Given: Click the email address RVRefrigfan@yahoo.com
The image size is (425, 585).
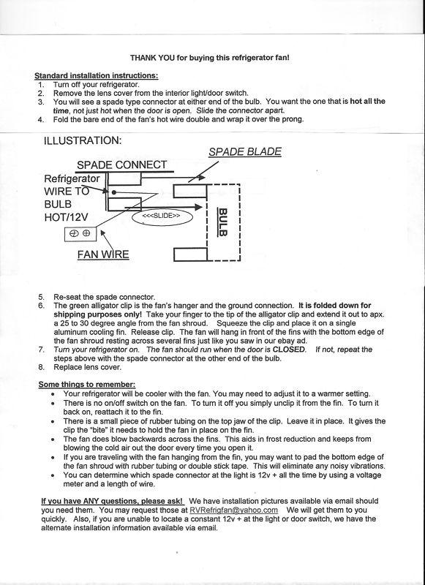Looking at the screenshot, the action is (x=233, y=510).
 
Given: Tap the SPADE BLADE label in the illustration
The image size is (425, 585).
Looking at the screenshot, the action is (x=245, y=152).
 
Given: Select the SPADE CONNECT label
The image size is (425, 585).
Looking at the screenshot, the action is (x=121, y=165).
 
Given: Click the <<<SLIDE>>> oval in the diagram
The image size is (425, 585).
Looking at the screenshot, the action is (x=162, y=216).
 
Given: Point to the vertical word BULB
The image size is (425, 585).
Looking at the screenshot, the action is (x=223, y=222).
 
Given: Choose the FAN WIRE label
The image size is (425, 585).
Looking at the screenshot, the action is (x=103, y=254).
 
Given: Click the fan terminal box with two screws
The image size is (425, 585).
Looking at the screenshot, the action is (x=80, y=234).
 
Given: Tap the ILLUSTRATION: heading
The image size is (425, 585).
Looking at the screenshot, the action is (x=83, y=140).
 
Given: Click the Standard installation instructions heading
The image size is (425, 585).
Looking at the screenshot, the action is (x=97, y=76).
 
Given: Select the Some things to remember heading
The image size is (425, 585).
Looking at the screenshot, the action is (x=87, y=385).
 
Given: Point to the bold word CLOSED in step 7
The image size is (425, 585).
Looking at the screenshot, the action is (x=289, y=350).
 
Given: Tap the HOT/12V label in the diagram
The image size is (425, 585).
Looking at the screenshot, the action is (x=66, y=217).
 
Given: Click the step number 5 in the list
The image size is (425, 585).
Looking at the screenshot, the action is (x=41, y=298).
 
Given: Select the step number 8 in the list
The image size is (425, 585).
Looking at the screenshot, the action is (x=41, y=367).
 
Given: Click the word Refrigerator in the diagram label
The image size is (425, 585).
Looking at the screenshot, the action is (x=72, y=178).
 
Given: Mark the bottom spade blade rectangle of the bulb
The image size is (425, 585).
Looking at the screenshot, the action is (x=190, y=254).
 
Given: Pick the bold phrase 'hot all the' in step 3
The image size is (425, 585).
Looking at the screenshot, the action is (x=367, y=101).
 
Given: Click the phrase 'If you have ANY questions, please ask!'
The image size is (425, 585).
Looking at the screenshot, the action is (x=112, y=501).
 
